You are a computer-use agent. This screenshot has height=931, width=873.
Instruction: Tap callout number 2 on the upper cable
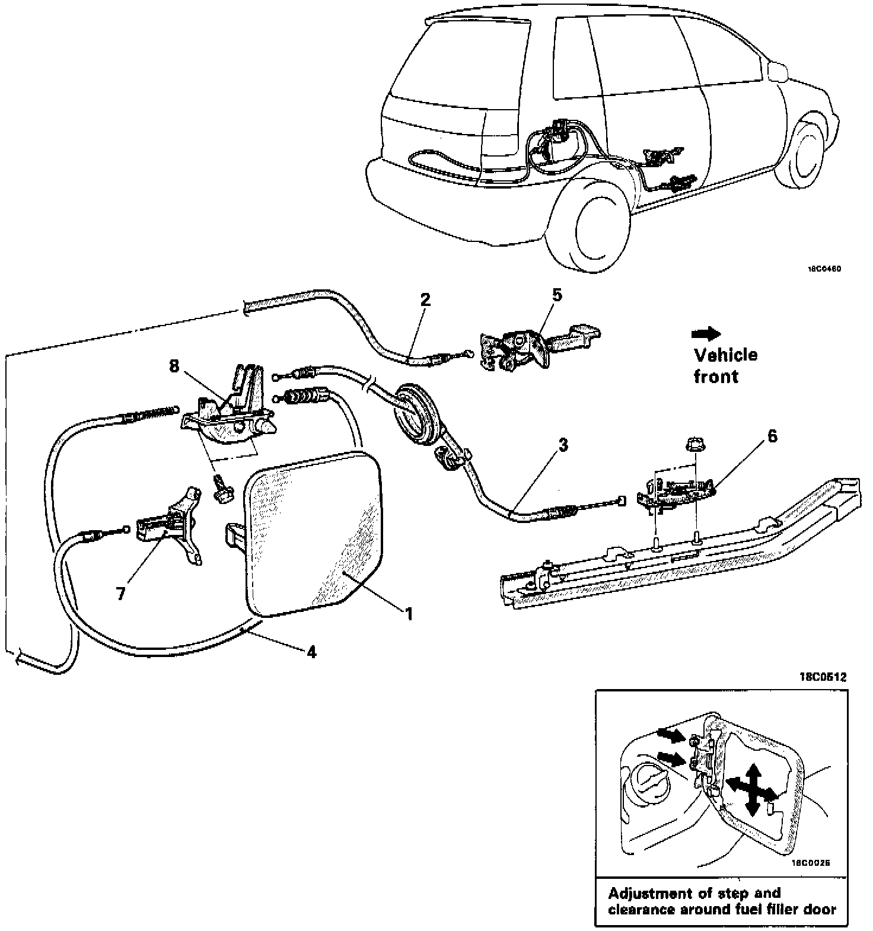pos(425,299)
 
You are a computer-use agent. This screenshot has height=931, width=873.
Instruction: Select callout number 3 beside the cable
pos(563,444)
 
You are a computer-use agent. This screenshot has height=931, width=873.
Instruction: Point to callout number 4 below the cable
pos(311,652)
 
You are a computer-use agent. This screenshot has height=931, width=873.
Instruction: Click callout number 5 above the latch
pos(556,295)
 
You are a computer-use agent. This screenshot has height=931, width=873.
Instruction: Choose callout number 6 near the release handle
pos(772,436)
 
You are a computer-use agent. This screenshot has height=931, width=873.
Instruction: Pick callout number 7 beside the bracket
pos(121,594)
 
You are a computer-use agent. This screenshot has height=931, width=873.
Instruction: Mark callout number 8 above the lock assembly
pos(174,366)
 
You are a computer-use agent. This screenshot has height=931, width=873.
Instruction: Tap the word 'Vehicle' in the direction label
pos(725,355)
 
